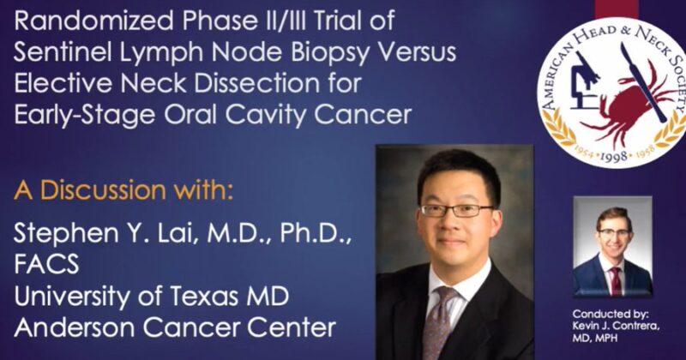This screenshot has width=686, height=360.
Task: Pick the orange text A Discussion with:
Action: point(123,189)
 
